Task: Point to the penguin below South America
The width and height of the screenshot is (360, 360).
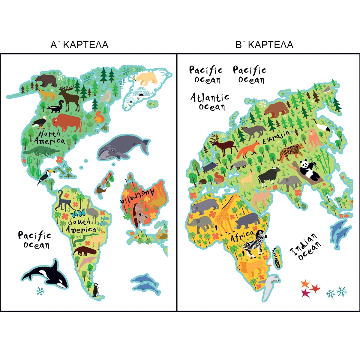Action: click(x=96, y=290)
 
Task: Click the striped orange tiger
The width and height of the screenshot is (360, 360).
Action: click(x=291, y=152)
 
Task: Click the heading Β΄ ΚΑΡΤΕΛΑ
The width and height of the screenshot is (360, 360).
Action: click(x=264, y=45)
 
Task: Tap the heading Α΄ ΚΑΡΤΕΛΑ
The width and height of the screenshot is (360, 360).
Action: click(x=79, y=45)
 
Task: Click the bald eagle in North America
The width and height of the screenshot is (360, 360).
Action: click(x=40, y=122)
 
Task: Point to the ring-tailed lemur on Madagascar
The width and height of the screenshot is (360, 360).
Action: click(x=276, y=257)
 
